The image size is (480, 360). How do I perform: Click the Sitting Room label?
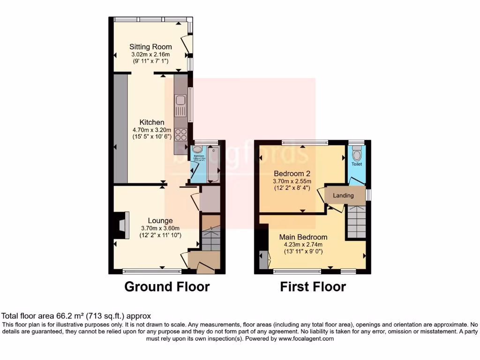(150, 47)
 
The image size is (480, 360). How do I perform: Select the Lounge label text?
(160, 221)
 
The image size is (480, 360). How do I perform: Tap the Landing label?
(343, 195)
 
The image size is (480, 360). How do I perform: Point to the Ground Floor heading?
(167, 286)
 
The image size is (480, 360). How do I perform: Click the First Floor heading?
(313, 286)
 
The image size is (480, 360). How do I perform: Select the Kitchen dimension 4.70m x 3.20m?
(151, 130)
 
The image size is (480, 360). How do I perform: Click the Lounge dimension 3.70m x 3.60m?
(160, 228)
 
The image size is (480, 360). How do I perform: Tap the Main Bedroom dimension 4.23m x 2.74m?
(303, 244)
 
